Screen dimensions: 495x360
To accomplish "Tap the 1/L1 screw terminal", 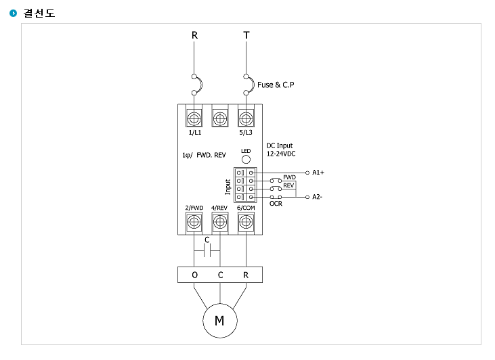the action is click(x=194, y=119).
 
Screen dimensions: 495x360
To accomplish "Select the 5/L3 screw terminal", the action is click(x=246, y=119).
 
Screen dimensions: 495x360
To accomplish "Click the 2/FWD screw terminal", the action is click(x=194, y=222).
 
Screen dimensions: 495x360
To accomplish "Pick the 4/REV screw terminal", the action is click(x=219, y=222).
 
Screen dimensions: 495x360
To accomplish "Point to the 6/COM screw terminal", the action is click(x=246, y=222).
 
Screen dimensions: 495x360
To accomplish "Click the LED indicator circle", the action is click(x=246, y=159).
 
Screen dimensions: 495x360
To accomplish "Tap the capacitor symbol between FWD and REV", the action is click(x=207, y=251).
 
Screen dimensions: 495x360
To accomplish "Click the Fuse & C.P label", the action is click(x=276, y=85).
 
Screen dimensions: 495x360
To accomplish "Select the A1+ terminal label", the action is click(x=318, y=173).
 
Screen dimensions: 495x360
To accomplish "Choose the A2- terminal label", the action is click(x=318, y=197).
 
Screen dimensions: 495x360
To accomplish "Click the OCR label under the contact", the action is click(x=276, y=204).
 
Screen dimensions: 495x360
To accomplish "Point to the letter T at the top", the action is click(x=246, y=35).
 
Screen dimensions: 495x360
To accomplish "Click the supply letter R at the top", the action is click(x=194, y=35).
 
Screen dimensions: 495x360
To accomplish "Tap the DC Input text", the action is click(x=280, y=145).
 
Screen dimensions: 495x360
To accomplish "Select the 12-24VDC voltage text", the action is click(x=281, y=154).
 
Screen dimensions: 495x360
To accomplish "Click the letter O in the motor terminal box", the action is click(x=195, y=275).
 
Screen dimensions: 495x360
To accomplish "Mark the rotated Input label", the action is click(x=228, y=187).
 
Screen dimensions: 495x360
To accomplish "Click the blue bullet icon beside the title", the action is click(x=14, y=13).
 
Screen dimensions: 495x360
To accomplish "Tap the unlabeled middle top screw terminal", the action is click(x=219, y=119).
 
